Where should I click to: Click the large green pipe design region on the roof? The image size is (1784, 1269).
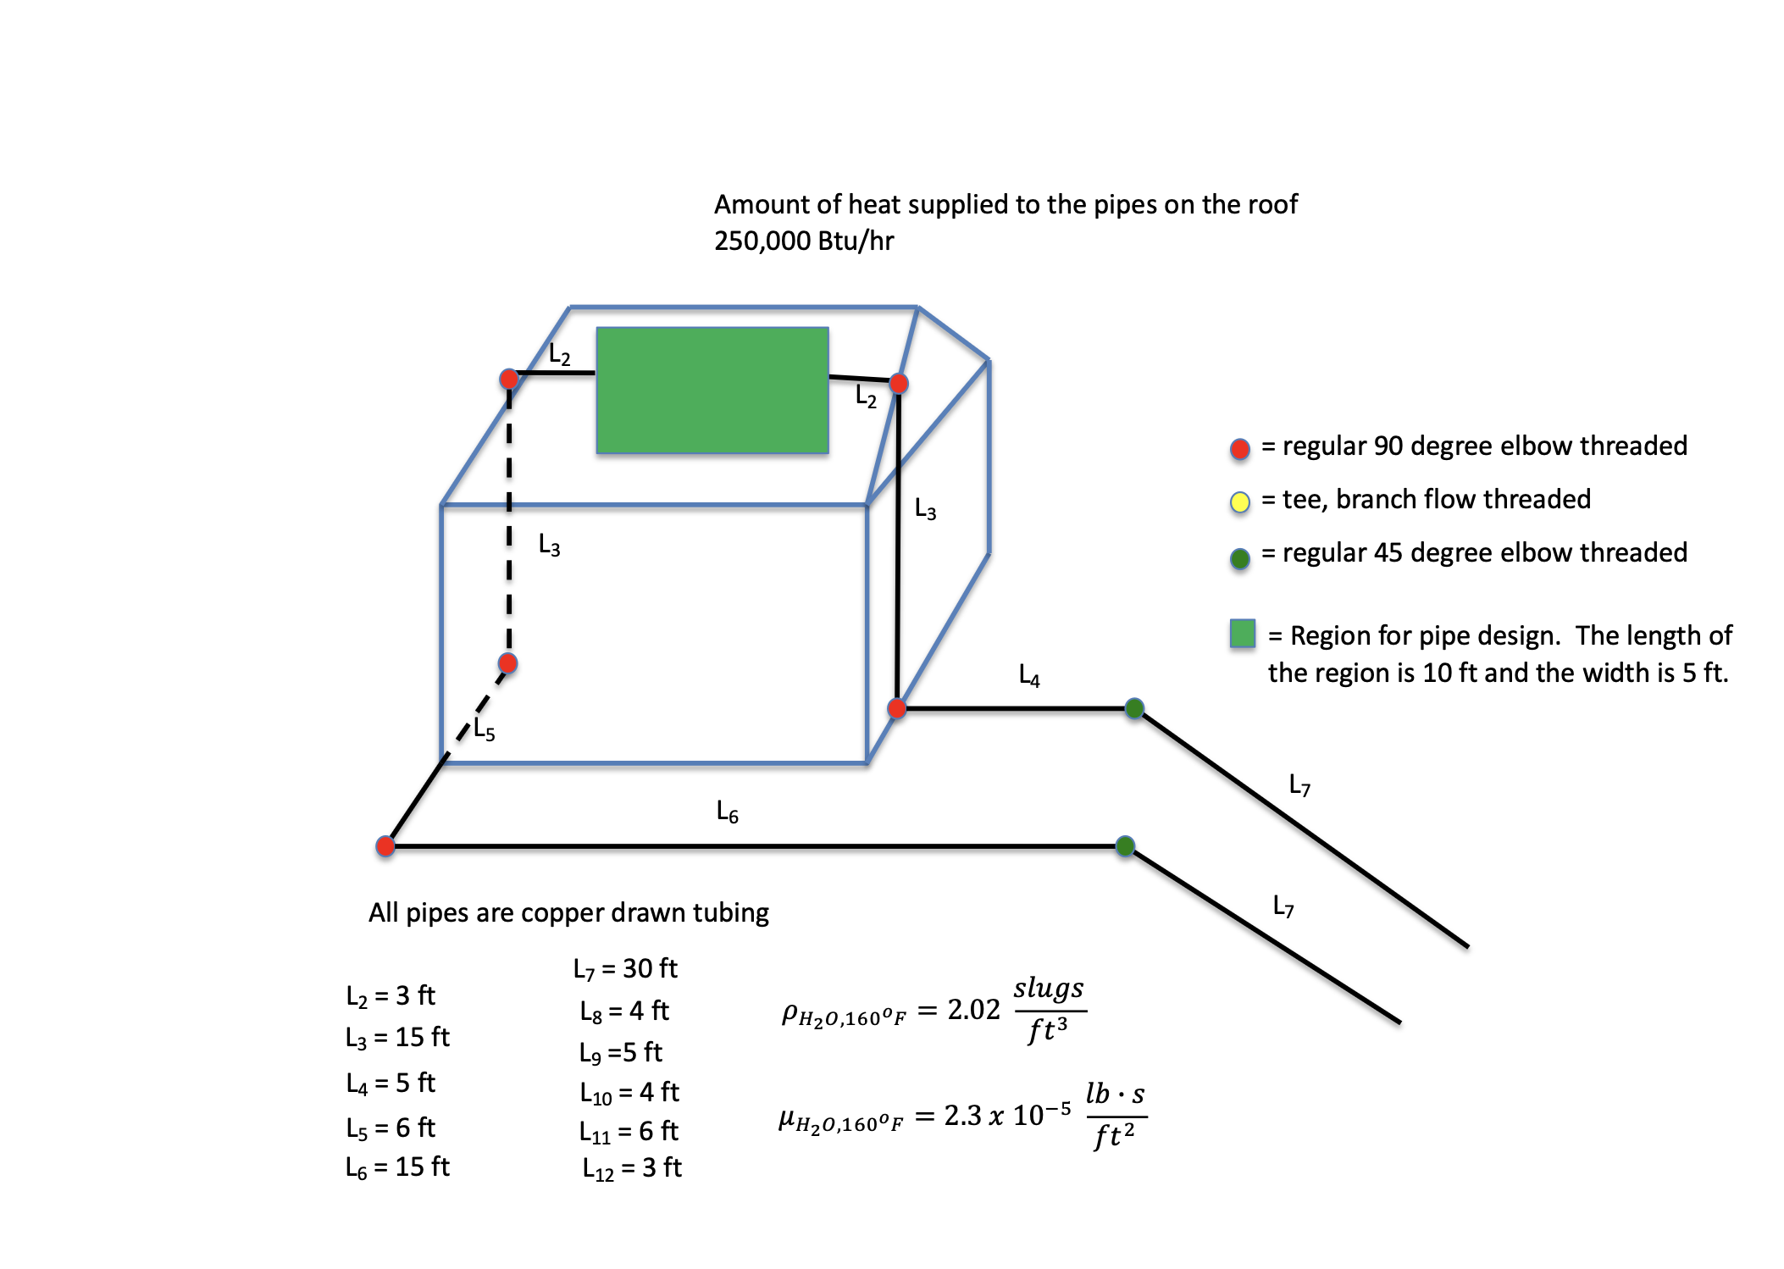click(712, 391)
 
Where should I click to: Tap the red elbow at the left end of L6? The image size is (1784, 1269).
click(385, 845)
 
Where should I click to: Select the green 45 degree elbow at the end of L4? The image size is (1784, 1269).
click(1134, 708)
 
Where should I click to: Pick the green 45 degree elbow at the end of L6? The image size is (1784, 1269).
click(1125, 845)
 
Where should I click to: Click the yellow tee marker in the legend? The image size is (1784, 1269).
click(1239, 502)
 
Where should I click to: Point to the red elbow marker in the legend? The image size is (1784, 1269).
click(1239, 449)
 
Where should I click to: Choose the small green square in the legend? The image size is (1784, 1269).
click(1242, 634)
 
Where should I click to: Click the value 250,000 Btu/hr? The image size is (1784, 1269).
click(803, 241)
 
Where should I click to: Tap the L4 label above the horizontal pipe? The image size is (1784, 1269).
click(1028, 675)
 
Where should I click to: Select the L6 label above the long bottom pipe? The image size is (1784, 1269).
click(727, 812)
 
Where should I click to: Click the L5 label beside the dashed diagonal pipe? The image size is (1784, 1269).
click(484, 729)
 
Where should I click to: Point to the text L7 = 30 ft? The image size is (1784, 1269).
click(624, 968)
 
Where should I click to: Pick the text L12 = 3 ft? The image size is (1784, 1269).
click(631, 1168)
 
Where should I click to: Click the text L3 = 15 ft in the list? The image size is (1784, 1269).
click(397, 1037)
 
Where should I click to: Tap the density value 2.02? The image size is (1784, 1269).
click(973, 1010)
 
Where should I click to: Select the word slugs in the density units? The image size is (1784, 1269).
click(1049, 989)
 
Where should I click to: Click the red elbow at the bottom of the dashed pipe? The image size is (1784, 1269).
click(507, 662)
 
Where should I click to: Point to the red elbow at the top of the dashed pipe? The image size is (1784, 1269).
click(509, 378)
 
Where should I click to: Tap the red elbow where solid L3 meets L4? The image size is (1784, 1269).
click(897, 708)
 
